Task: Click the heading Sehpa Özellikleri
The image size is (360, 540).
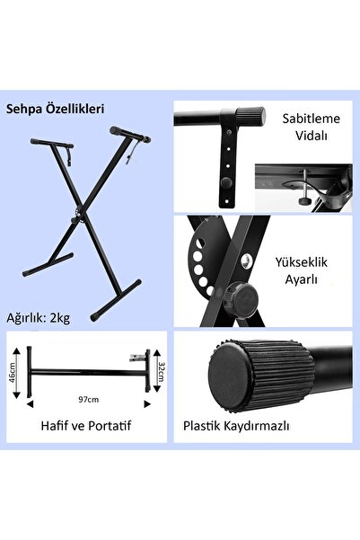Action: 55,109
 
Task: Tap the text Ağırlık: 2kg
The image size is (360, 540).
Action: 39,318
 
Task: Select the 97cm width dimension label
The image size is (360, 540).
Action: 89,400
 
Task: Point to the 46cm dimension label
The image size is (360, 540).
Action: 12,373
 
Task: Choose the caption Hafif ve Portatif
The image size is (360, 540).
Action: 86,426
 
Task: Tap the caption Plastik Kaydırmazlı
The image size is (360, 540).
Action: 236,426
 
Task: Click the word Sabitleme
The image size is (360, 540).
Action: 312,119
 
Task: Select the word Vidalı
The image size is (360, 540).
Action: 312,136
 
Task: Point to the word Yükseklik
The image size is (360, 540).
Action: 301,262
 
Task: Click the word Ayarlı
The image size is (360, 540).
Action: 301,279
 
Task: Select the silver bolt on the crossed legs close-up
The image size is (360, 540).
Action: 246,261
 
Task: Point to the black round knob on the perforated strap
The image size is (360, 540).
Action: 226,182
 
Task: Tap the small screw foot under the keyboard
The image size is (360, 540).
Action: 303,201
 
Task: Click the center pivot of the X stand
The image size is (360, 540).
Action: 78,216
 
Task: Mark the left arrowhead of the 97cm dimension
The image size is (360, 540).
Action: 30,404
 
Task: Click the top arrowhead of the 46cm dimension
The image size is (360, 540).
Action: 16,351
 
